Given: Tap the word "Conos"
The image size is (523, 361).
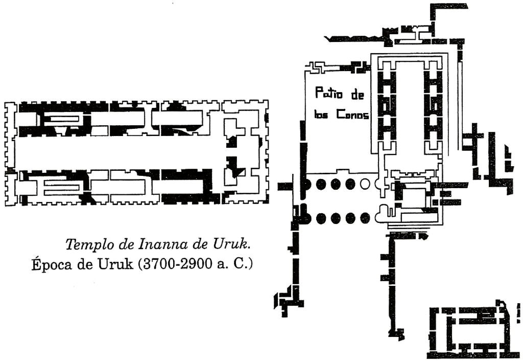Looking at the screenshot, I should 352,115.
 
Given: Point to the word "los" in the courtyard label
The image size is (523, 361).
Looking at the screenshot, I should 321,115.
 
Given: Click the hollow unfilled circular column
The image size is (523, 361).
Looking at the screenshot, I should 365,184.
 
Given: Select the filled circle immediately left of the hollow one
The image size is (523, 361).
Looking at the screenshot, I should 350,184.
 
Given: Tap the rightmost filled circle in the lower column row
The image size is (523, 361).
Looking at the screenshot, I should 365,219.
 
